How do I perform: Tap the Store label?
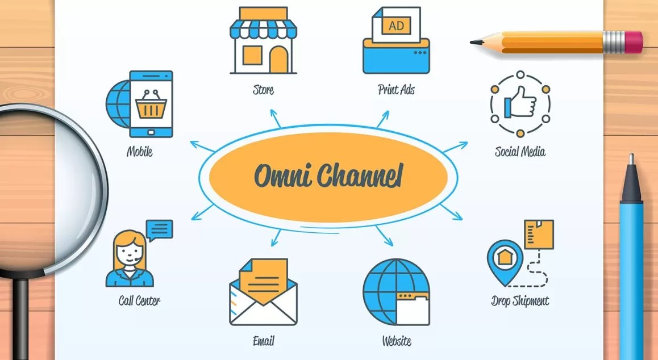(263, 90)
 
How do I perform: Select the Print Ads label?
(396, 90)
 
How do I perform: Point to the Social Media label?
(520, 152)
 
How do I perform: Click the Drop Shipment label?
(520, 300)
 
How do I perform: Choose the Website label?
(397, 341)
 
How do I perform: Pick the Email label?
(263, 341)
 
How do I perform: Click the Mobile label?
(140, 152)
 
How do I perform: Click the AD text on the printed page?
(395, 26)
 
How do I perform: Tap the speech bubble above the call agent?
(159, 229)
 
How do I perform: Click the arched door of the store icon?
(278, 59)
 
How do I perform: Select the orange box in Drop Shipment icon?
(539, 234)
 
